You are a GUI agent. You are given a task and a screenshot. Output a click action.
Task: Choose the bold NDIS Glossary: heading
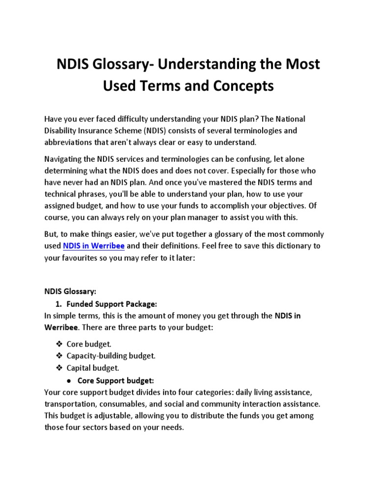click(70, 292)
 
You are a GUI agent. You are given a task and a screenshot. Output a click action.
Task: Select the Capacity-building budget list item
click(111, 356)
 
